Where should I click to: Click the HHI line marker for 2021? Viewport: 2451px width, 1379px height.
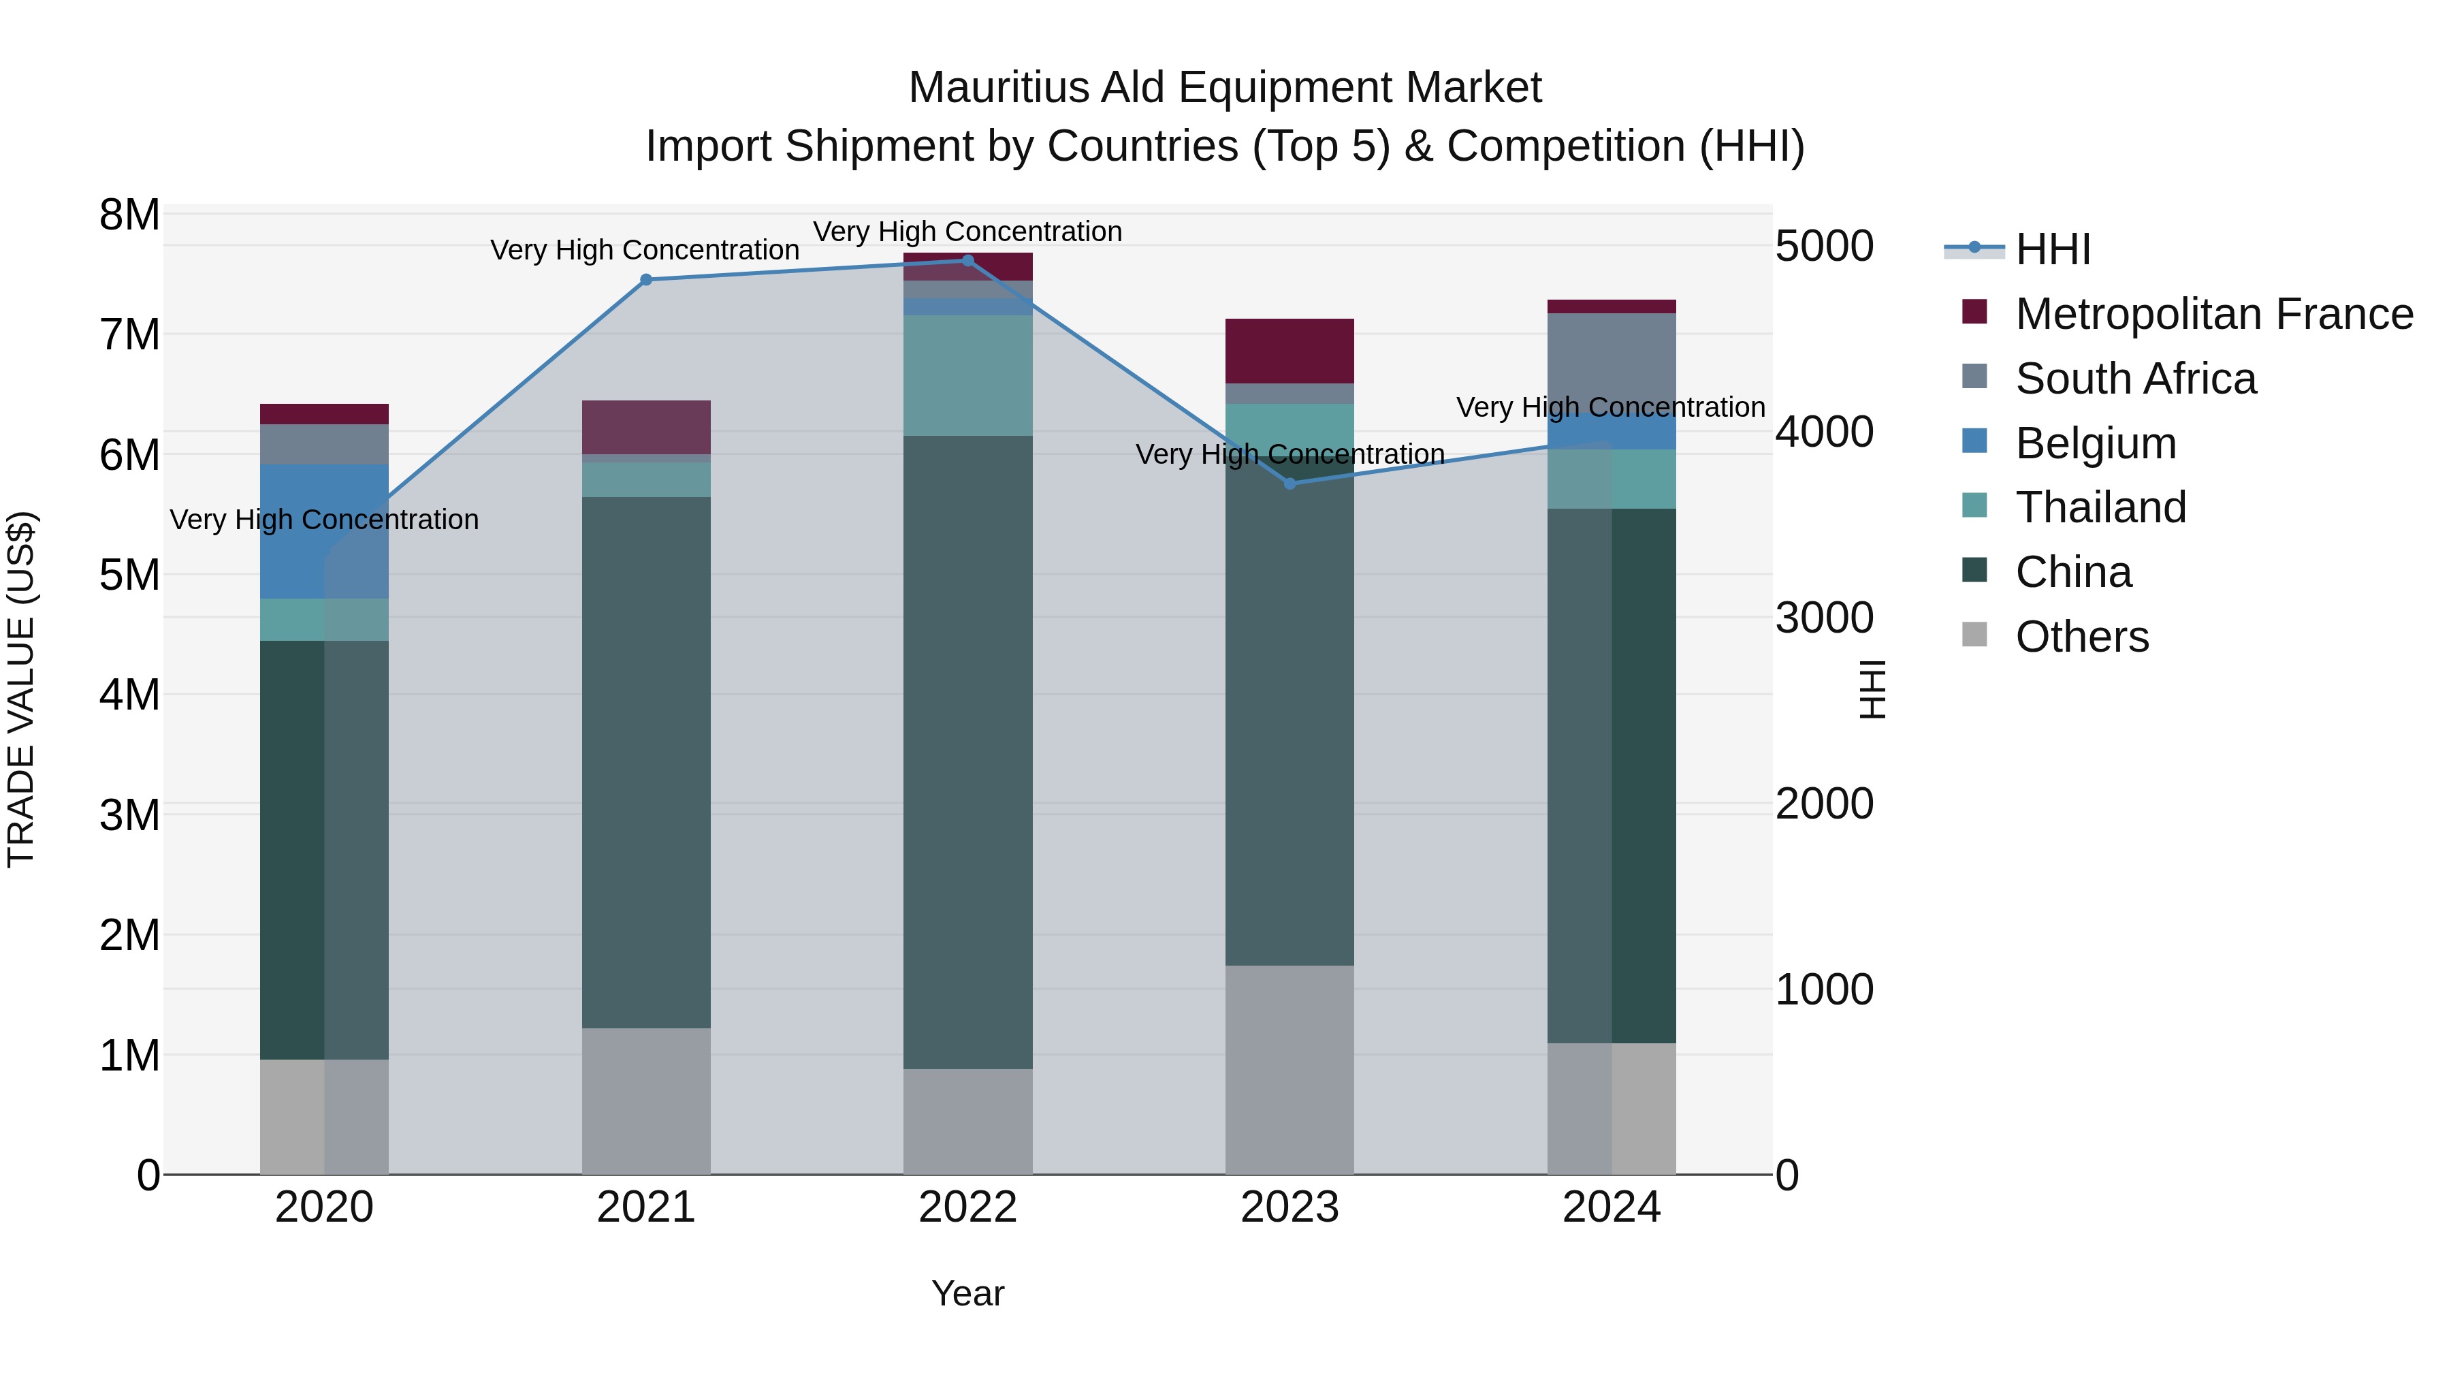pos(646,280)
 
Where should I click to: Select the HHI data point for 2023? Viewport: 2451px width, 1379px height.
pos(1289,484)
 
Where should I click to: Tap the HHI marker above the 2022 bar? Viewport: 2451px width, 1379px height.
pos(967,261)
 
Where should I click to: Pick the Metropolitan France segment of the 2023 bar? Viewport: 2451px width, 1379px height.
pos(1289,351)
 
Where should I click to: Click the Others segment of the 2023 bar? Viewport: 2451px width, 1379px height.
pos(1289,1070)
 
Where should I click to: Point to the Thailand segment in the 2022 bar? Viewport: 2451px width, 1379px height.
pos(967,375)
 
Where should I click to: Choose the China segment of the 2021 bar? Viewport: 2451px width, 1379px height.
pos(646,761)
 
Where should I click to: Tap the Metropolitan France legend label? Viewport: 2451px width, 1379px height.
pos(2213,314)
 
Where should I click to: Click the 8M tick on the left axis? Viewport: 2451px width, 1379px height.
pos(129,215)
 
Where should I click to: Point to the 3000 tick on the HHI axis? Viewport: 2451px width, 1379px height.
pos(1824,618)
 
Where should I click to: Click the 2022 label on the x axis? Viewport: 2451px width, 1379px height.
pos(967,1207)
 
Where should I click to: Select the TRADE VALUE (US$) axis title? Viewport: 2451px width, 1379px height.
pos(21,689)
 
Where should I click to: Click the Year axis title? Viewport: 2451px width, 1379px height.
pos(967,1293)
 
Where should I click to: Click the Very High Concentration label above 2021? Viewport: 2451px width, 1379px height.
pos(644,251)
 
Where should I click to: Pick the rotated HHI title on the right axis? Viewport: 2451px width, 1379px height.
pos(1872,689)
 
